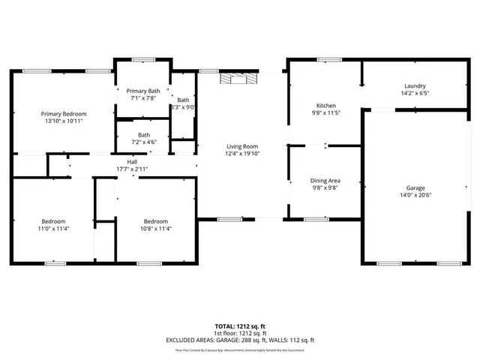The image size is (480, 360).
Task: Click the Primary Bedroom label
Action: point(63,113)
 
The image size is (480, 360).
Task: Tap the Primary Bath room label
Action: point(142,91)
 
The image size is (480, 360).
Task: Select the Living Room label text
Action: point(242,146)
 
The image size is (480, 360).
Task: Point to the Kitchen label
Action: point(326,106)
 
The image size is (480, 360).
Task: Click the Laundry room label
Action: point(415,86)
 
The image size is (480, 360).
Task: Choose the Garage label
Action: point(415,187)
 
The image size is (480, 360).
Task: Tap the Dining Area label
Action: point(325,181)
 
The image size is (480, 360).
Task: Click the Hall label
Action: point(132,162)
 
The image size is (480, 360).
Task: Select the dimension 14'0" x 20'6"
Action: point(415,195)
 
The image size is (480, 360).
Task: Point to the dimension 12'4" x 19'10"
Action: point(242,154)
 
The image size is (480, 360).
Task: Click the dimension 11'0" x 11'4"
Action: point(55,229)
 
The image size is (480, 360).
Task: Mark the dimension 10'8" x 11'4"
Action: point(155,229)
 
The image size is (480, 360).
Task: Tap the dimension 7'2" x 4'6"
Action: point(142,142)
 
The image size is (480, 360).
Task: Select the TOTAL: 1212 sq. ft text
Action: point(240,327)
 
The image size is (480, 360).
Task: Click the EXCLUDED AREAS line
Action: point(240,340)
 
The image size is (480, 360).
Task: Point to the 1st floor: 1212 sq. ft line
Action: point(240,334)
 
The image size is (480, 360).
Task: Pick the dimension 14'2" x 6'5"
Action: point(415,93)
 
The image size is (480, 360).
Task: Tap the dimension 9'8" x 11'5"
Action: point(326,113)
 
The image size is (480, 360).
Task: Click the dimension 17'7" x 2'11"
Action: point(132,169)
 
